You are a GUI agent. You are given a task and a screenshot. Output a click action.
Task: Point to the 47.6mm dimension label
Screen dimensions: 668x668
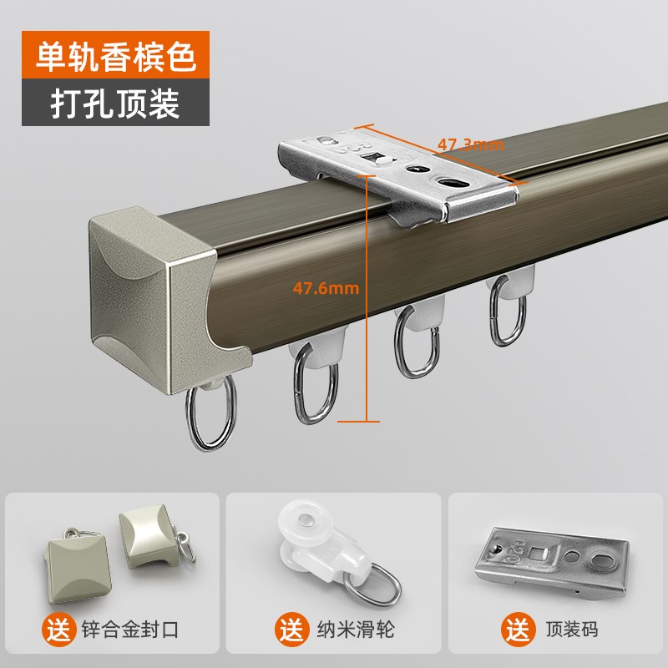[325, 289]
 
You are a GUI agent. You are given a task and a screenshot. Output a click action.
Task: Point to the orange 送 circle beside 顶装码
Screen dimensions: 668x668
[514, 625]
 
